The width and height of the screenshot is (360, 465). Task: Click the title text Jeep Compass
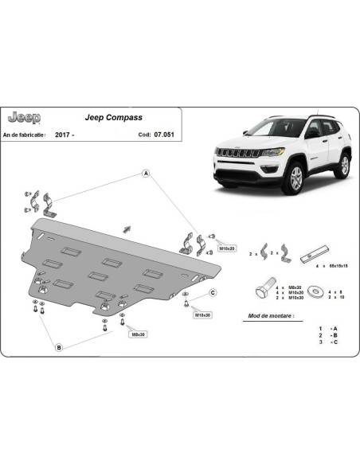(x=113, y=117)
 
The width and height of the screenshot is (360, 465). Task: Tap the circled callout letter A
(x=147, y=173)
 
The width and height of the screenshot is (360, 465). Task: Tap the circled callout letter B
(x=59, y=347)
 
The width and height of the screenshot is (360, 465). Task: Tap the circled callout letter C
(x=213, y=293)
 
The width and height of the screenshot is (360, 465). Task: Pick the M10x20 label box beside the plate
(x=227, y=248)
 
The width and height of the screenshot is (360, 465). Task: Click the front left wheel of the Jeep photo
(x=295, y=180)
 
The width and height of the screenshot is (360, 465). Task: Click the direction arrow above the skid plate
(x=126, y=229)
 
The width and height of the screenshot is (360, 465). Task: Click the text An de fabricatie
(x=28, y=135)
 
